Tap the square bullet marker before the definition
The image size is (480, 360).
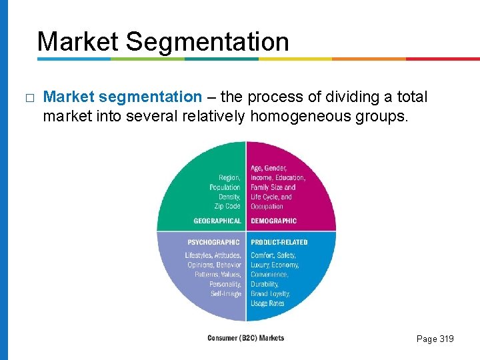pos(28,98)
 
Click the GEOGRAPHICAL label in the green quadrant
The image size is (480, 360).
pos(217,221)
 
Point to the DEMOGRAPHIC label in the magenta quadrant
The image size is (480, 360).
pos(274,221)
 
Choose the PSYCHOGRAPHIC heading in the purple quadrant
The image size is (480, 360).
pos(213,242)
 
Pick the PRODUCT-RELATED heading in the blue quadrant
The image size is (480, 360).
pos(279,242)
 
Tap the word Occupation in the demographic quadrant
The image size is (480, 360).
pos(267,206)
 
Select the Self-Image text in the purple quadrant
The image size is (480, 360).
pos(226,294)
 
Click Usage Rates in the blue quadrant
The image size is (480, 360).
pos(267,303)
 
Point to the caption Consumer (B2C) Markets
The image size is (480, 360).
pos(245,338)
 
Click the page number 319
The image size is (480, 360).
pos(445,339)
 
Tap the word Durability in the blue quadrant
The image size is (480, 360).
pos(264,284)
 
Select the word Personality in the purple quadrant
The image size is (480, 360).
pos(225,284)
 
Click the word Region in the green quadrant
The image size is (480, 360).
pos(229,178)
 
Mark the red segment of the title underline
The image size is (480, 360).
pos(443,59)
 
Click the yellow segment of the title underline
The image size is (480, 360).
pos(295,59)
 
